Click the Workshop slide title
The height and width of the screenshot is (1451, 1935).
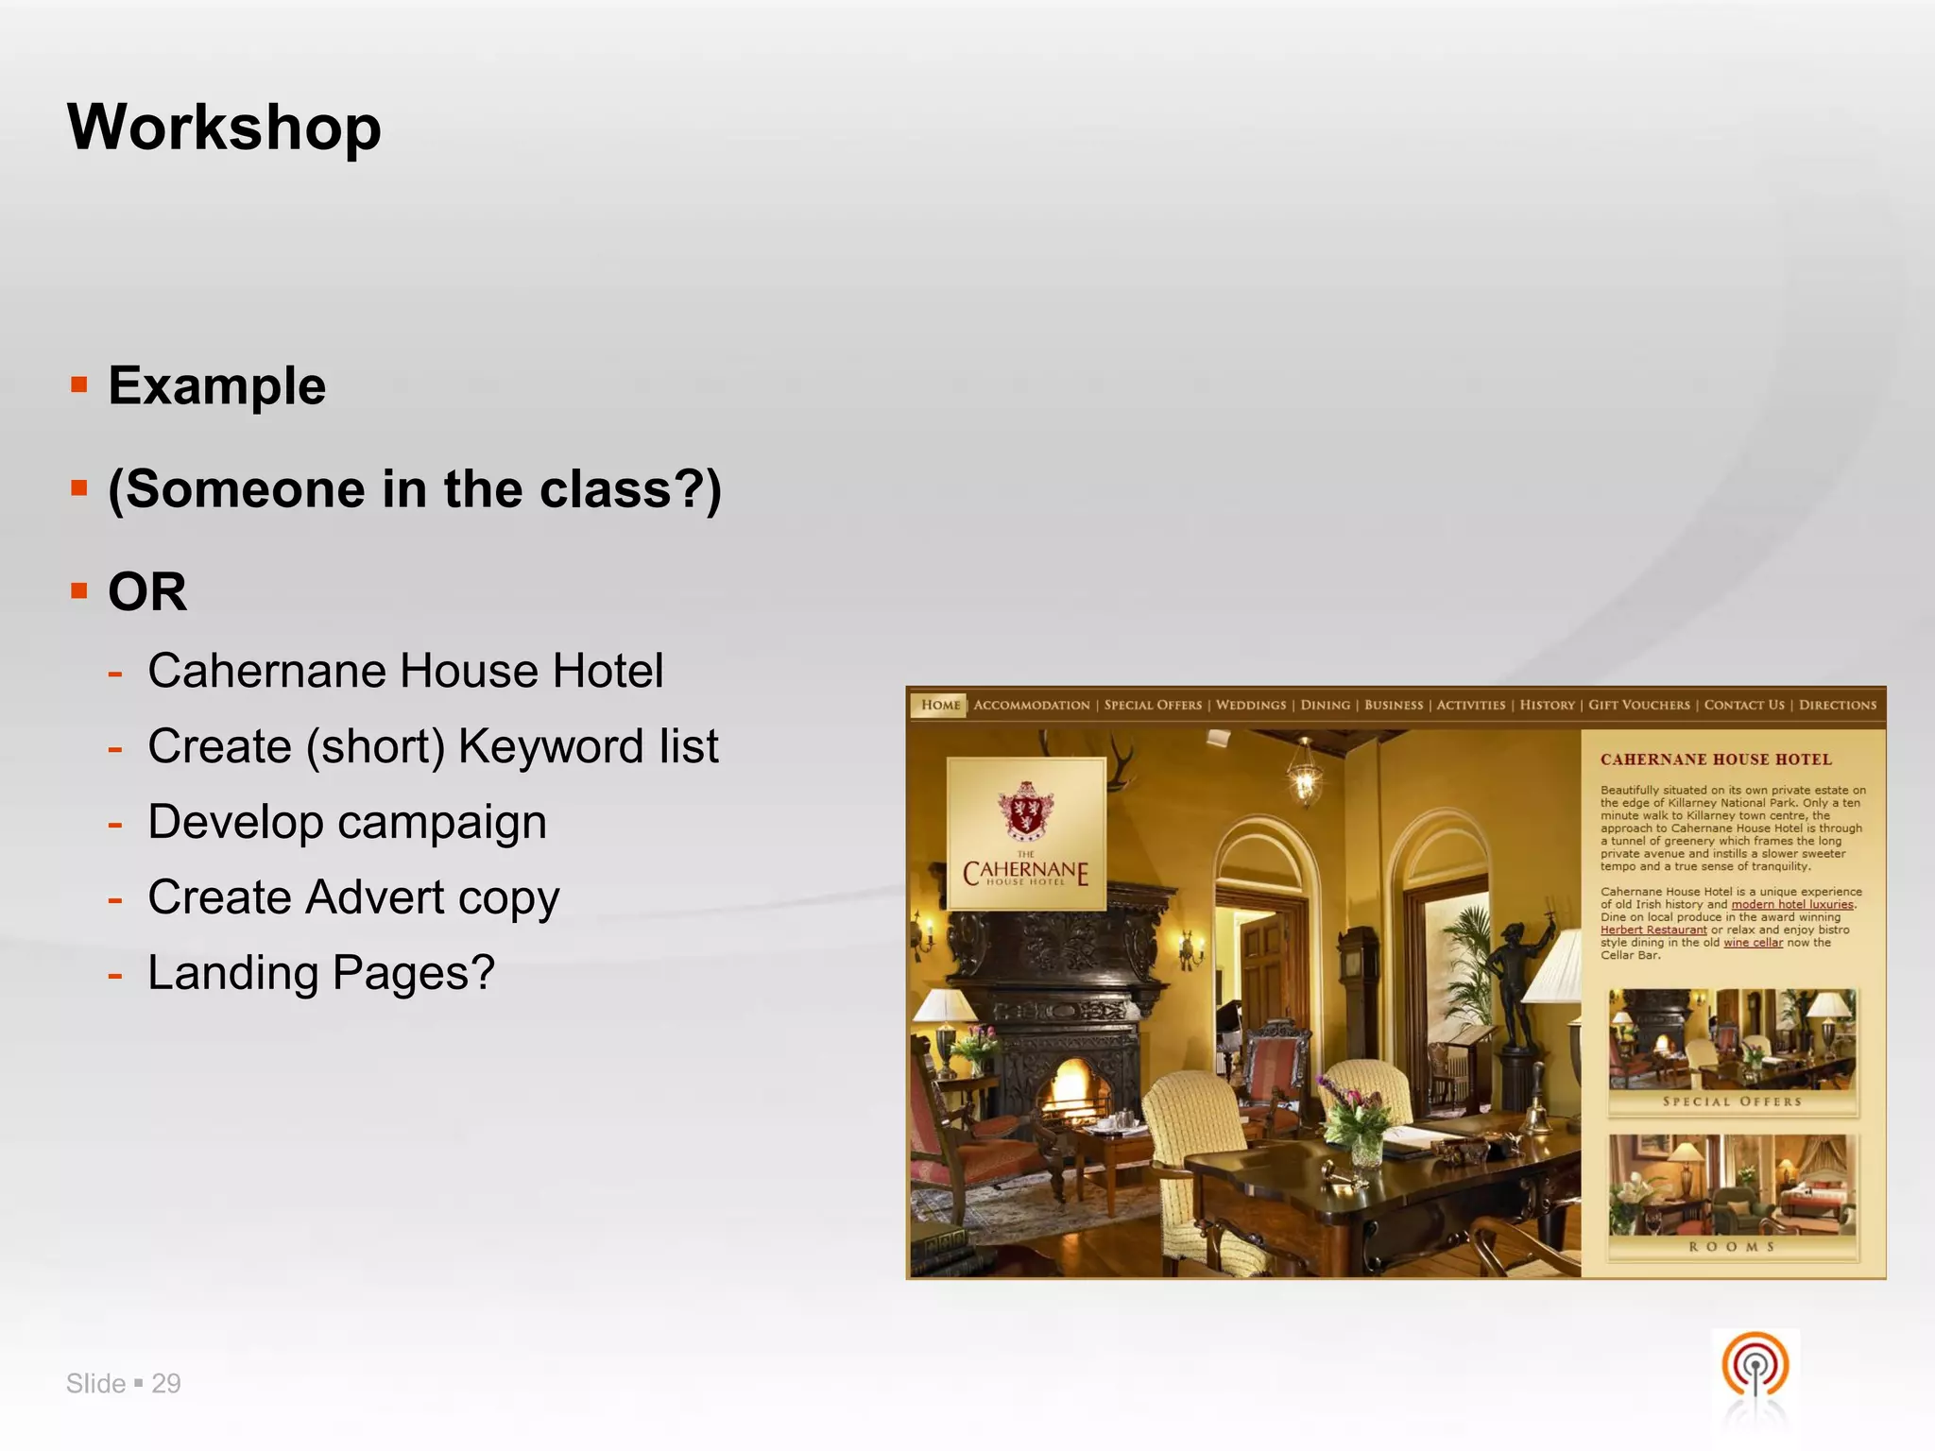coord(224,127)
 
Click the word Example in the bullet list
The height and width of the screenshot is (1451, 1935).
coord(216,385)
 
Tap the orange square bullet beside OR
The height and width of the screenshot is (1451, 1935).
coord(79,591)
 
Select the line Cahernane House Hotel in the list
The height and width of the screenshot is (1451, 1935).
coord(405,671)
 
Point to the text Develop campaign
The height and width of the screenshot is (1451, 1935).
coord(347,822)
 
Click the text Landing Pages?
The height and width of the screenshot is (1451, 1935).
coord(321,973)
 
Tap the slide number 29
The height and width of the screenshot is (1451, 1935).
coord(166,1383)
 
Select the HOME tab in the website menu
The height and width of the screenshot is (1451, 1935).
coord(939,705)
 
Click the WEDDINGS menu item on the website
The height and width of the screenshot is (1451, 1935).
coord(1250,705)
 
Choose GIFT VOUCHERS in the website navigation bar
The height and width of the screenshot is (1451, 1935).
coord(1638,705)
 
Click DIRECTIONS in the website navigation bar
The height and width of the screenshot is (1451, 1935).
coord(1837,705)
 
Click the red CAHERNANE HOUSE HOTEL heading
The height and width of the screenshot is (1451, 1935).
coord(1716,760)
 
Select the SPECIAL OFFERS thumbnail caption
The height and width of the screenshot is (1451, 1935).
coord(1732,1101)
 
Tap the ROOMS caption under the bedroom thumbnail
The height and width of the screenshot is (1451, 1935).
coord(1732,1247)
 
